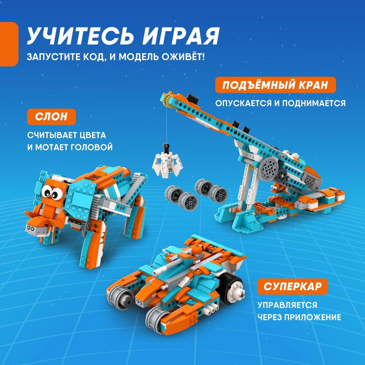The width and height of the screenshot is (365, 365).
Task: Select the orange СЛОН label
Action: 51,117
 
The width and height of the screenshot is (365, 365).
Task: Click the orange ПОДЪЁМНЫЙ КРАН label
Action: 275,85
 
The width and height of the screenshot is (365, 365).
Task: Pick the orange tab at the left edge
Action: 9,44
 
